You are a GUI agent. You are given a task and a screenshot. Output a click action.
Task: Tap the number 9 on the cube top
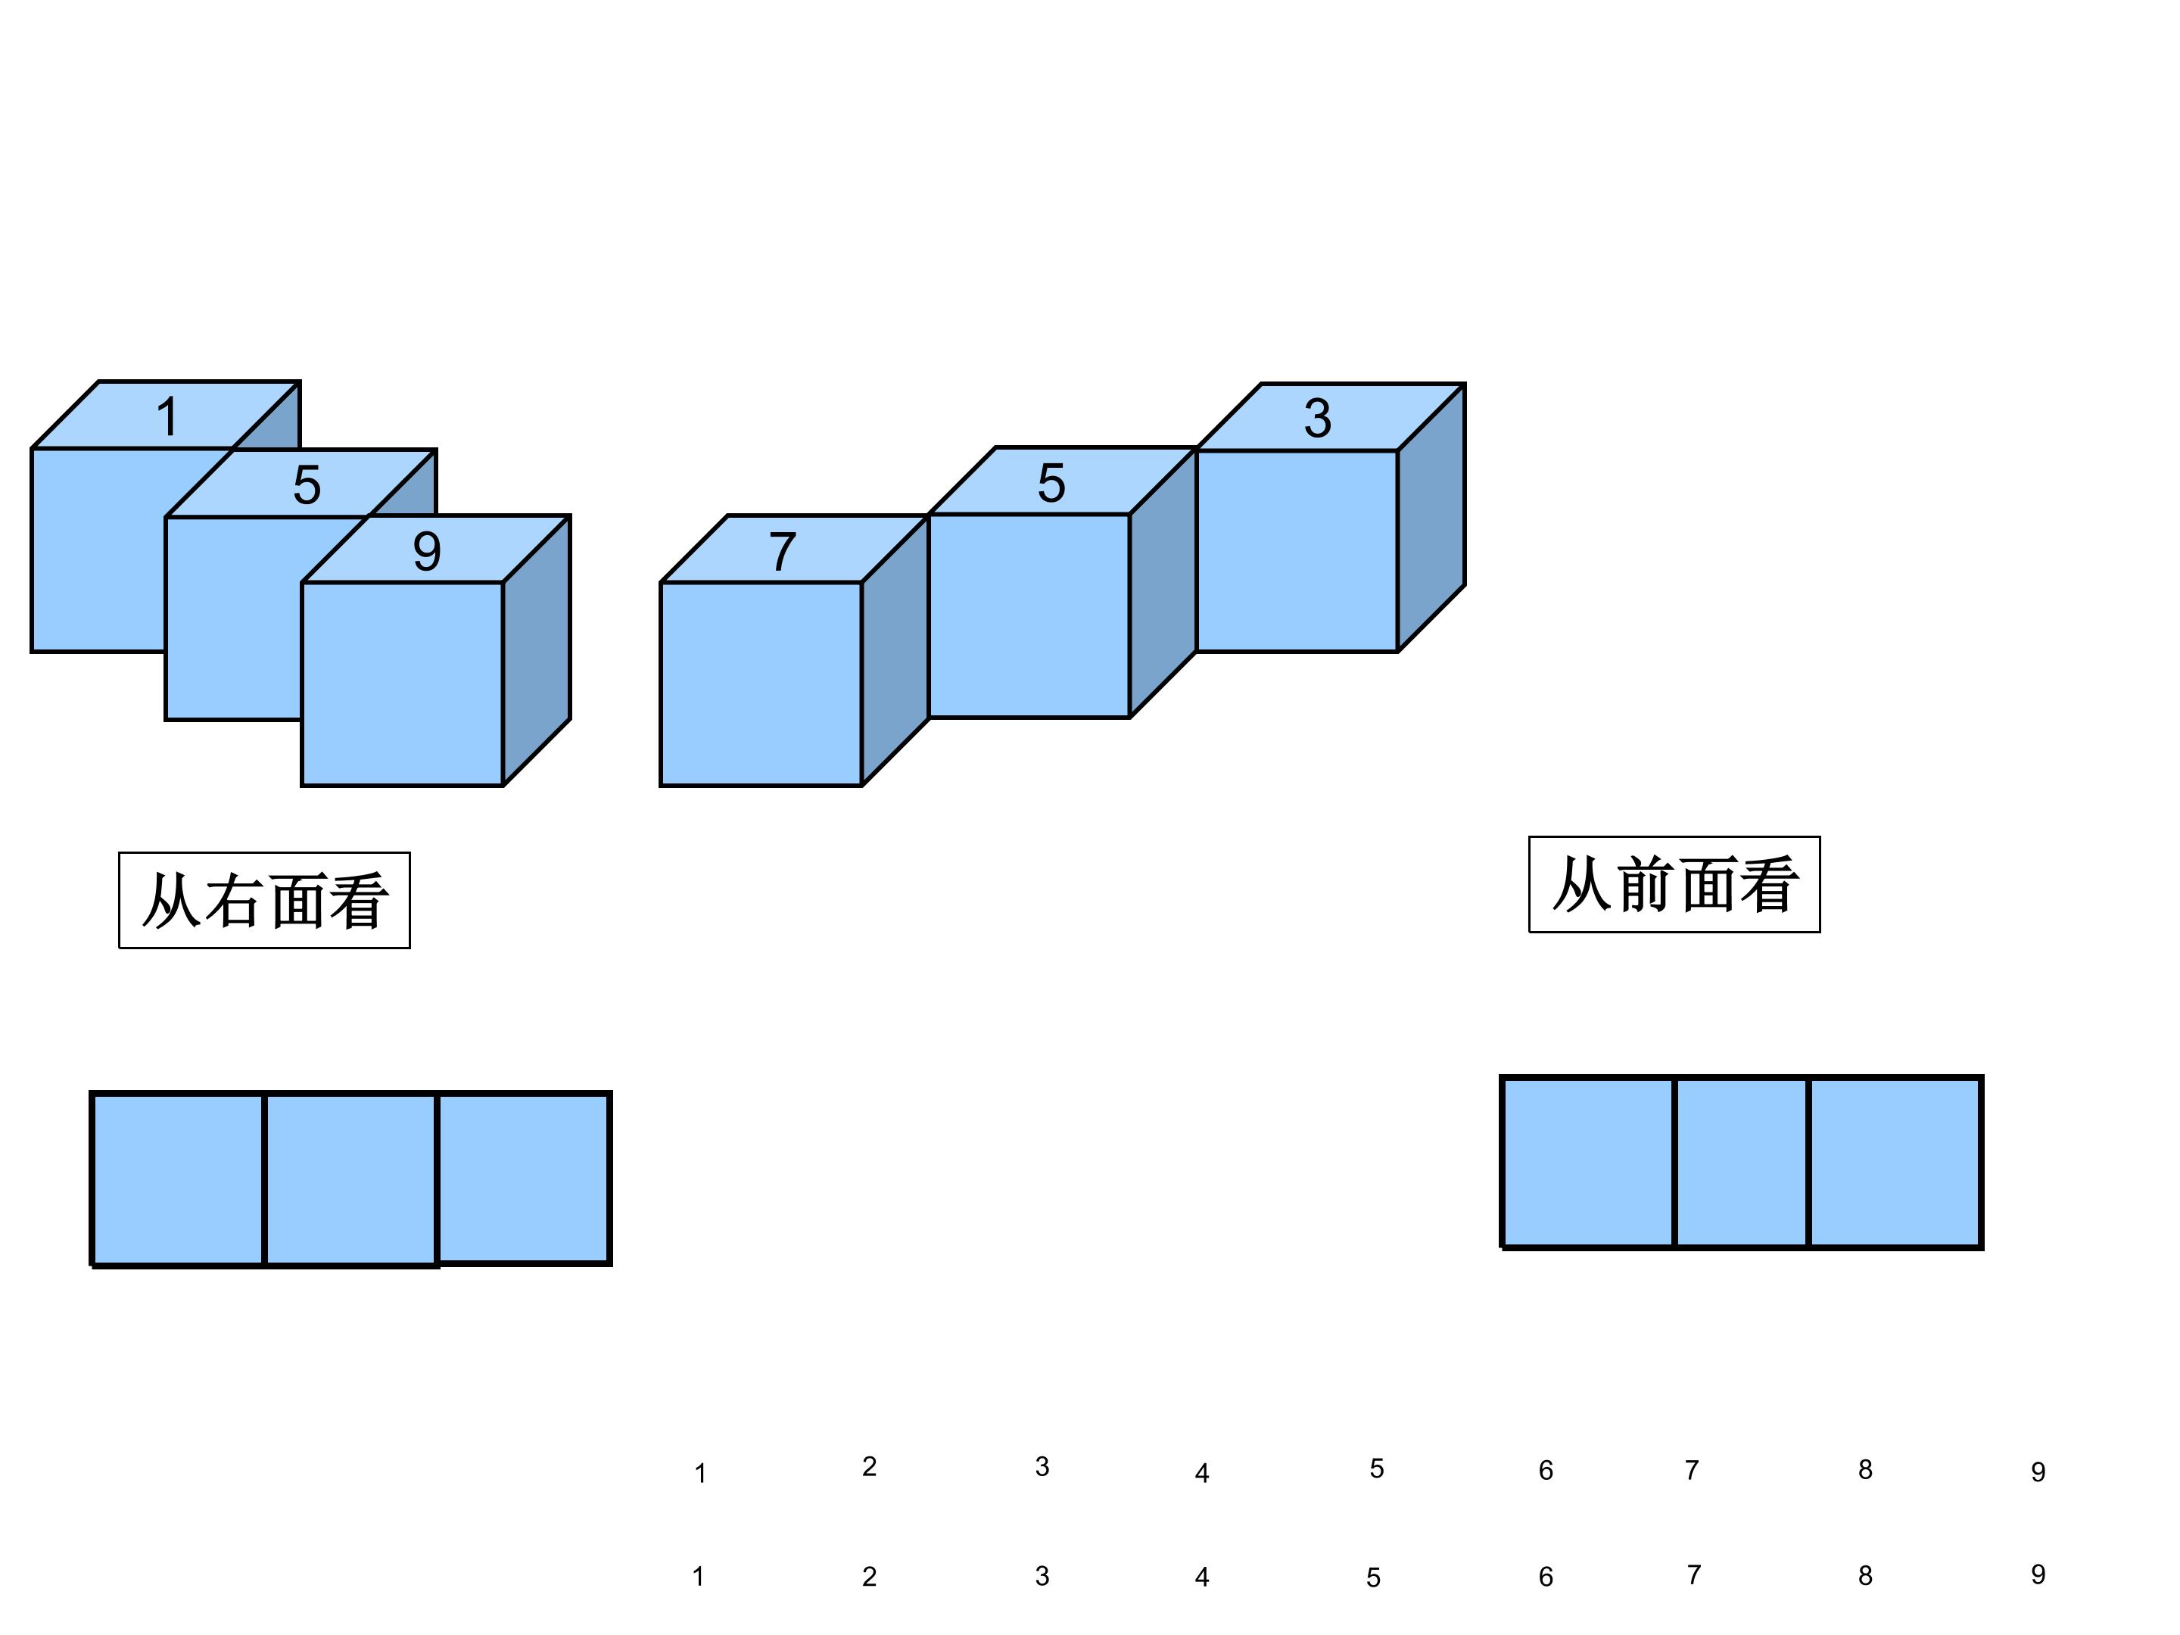tap(427, 551)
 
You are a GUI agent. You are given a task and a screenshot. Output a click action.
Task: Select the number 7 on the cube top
tap(783, 551)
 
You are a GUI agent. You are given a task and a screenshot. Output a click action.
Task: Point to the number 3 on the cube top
tap(1318, 418)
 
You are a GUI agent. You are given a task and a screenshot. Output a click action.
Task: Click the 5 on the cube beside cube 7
tap(1051, 483)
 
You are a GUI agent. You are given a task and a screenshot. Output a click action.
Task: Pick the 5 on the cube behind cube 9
tap(307, 485)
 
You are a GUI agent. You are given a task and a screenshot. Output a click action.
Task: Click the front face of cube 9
tap(402, 684)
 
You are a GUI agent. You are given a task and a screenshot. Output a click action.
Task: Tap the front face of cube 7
tap(761, 684)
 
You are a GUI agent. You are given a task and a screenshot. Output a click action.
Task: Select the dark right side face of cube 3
tap(1431, 518)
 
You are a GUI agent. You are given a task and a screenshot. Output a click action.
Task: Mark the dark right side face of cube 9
tap(536, 650)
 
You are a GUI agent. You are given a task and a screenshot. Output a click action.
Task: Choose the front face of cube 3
tap(1297, 551)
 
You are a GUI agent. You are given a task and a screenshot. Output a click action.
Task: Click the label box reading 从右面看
tap(264, 901)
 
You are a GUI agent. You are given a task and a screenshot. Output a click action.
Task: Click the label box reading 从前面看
tap(1674, 884)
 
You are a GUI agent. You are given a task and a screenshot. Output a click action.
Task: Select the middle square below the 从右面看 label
tap(351, 1179)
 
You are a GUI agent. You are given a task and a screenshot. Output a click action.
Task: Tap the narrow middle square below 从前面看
tap(1742, 1163)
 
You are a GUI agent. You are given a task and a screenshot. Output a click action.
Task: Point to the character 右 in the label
tap(232, 901)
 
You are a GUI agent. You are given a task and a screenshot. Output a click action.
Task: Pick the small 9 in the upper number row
tap(2038, 1471)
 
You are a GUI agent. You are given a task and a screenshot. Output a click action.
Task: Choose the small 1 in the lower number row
tap(699, 1577)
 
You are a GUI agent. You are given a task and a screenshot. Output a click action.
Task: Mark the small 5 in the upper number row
tap(1377, 1468)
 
